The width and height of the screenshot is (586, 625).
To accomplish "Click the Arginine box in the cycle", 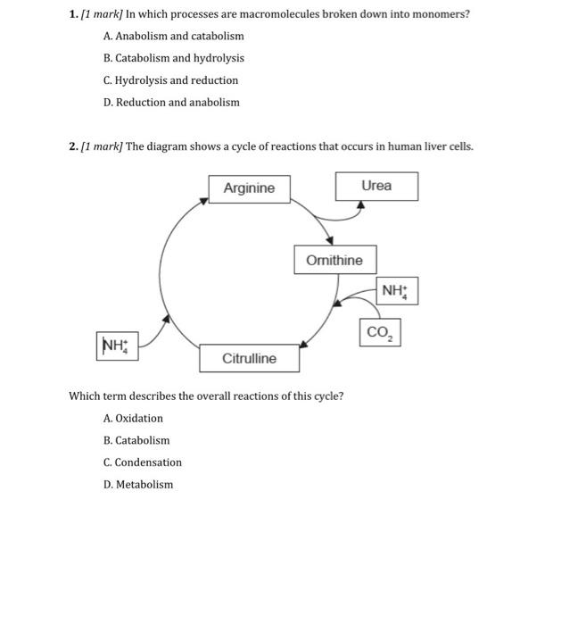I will (x=249, y=188).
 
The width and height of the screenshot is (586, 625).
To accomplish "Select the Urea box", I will (x=376, y=186).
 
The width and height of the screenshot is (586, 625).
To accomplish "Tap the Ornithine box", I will (x=334, y=260).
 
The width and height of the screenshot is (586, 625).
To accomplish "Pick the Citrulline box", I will (x=249, y=358).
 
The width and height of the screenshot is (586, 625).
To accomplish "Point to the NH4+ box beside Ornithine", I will (x=397, y=290).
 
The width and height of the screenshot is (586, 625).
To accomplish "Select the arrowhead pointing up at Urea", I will (x=360, y=204).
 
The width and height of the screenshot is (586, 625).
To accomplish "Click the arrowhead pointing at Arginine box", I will (x=205, y=200).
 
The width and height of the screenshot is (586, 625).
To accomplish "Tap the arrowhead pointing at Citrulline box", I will (x=304, y=345).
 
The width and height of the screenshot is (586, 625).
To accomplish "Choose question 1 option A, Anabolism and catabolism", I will (x=173, y=36).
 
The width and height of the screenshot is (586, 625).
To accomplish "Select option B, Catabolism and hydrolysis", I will (x=173, y=58).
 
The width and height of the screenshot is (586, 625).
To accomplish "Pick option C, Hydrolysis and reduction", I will (x=170, y=80).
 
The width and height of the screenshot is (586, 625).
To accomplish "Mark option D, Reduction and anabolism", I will (x=171, y=102).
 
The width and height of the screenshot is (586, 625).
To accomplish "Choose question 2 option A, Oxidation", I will (x=133, y=418).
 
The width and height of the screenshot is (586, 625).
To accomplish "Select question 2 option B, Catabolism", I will (x=136, y=440).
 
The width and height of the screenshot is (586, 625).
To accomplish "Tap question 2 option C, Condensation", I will (x=142, y=462).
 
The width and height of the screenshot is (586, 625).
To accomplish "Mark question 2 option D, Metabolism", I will (x=138, y=485).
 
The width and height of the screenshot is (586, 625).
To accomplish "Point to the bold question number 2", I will (x=72, y=146).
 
